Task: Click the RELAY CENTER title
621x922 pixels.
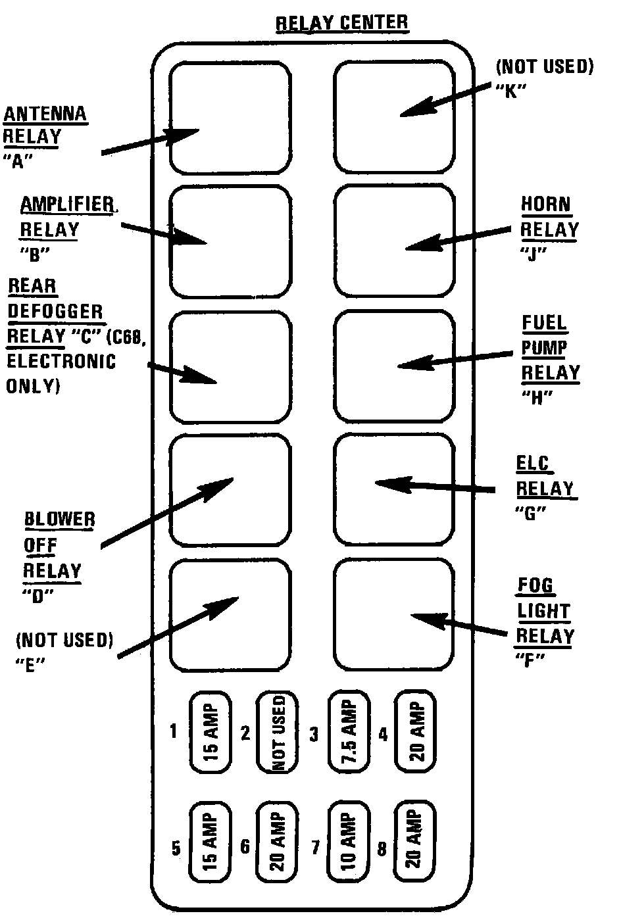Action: [341, 22]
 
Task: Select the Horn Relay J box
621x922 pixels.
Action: [394, 241]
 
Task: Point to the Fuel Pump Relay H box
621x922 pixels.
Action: [394, 366]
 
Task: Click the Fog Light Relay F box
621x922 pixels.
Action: [394, 614]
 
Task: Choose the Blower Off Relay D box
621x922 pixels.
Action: [230, 490]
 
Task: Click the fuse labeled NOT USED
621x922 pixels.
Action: [277, 731]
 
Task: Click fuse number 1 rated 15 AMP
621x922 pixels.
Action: [211, 731]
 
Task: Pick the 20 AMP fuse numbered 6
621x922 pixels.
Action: [277, 841]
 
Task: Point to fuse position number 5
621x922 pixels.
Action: [176, 848]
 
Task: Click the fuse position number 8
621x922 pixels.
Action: [382, 848]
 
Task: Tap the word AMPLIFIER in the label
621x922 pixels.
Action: [67, 204]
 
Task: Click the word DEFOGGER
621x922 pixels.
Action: [55, 311]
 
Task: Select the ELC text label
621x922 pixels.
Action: [532, 464]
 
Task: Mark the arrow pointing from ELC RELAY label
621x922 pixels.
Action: [434, 487]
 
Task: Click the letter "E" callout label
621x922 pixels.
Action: [28, 664]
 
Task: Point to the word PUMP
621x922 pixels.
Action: [543, 347]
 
